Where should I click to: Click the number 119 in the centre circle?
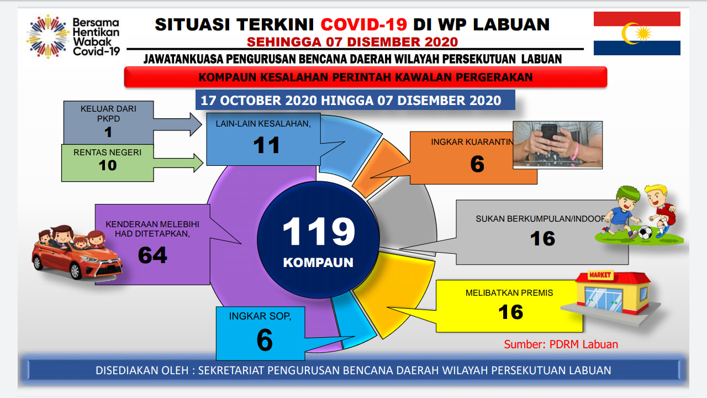click(319, 231)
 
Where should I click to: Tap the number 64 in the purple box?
click(152, 255)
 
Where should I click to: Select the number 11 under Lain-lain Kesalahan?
click(266, 145)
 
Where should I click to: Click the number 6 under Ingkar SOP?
click(265, 340)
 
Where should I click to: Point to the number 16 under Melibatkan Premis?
click(511, 312)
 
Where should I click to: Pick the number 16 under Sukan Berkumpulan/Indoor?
click(542, 238)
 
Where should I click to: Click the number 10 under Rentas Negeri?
click(108, 165)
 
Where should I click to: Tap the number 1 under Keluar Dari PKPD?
click(108, 132)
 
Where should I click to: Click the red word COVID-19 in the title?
click(363, 25)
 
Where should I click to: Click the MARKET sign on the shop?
click(600, 275)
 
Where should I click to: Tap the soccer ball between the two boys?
click(645, 233)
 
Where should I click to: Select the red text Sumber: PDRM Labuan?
click(561, 344)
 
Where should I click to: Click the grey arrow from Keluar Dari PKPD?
click(177, 124)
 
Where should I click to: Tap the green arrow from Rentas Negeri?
click(178, 163)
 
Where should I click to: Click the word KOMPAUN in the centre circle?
click(318, 263)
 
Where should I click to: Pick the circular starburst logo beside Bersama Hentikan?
click(48, 36)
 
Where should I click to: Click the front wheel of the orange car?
click(76, 271)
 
